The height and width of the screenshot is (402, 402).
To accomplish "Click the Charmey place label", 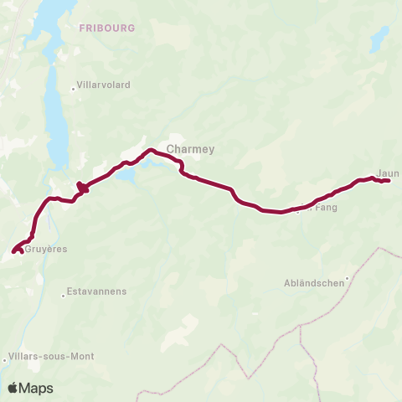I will (x=191, y=150).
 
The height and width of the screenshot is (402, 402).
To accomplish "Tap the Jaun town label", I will (x=388, y=174).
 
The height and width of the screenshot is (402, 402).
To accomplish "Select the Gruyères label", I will (x=46, y=249).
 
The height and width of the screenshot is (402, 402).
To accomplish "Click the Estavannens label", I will (x=97, y=291).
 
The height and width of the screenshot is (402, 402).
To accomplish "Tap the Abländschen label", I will (x=315, y=283).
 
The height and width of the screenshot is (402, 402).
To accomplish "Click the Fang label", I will (x=324, y=207).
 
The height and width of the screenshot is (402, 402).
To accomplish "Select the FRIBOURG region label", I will (x=107, y=28).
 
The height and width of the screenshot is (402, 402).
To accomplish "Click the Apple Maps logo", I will (x=30, y=388).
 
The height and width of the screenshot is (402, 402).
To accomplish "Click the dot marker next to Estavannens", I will (x=64, y=295).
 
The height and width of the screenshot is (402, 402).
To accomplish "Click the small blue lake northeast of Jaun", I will (x=380, y=38).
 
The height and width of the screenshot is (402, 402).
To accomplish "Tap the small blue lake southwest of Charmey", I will (x=126, y=176).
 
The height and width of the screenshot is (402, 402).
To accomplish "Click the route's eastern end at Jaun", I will (x=389, y=181).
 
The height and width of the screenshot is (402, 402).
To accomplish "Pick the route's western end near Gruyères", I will (x=13, y=250).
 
